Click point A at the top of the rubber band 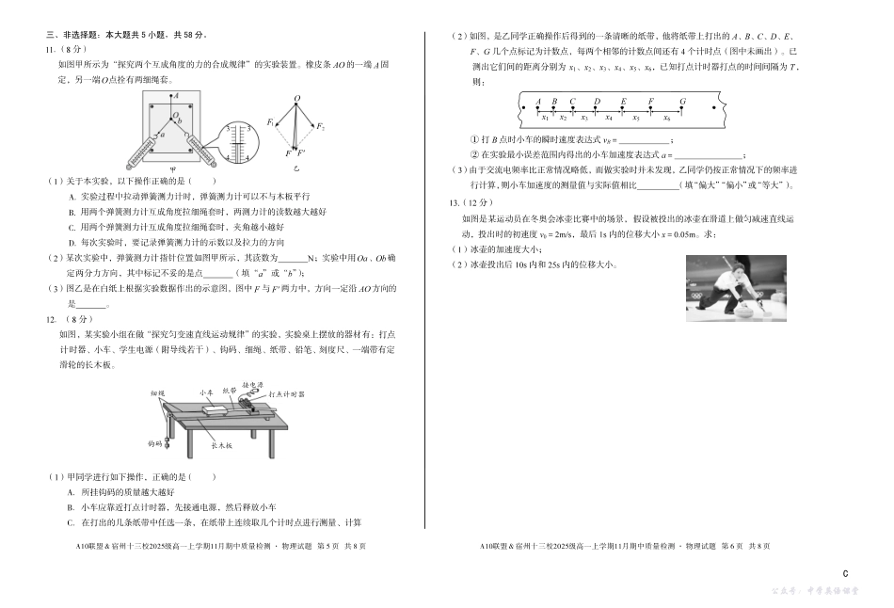coord(176,96)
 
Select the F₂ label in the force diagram coord(321,125)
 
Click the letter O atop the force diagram coord(296,98)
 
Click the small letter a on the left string coord(163,134)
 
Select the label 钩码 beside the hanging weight coord(154,441)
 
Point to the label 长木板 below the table coord(222,445)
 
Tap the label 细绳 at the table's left coord(157,392)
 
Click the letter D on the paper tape coord(597,101)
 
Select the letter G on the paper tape coord(682,101)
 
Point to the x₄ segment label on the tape coord(609,118)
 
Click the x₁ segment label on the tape coord(545,118)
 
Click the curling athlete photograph coord(736,289)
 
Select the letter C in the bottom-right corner coord(845,573)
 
